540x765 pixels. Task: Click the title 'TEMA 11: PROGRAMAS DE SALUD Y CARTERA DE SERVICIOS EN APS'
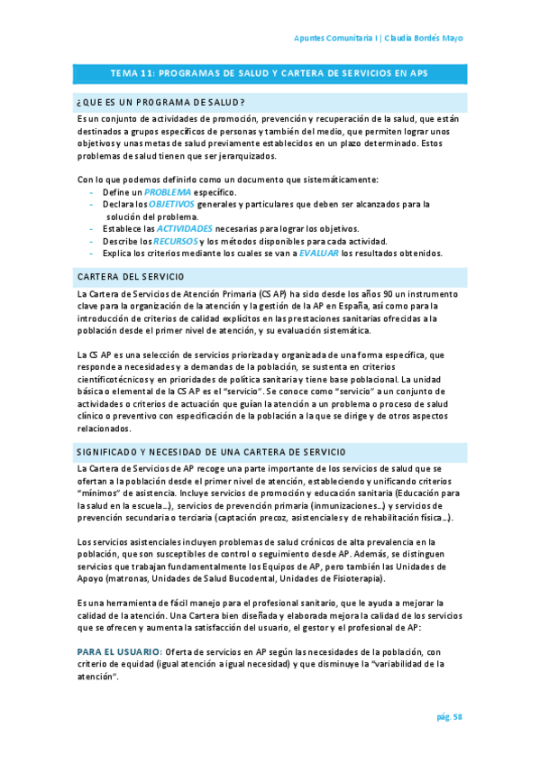tap(270, 73)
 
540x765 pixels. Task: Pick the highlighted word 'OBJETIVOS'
tap(173, 205)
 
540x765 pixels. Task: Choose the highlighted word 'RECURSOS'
tap(172, 241)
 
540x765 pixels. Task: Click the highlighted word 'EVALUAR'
tap(319, 253)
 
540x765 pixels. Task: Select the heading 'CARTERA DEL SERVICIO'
tap(131, 275)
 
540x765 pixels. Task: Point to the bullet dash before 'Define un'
tap(93, 193)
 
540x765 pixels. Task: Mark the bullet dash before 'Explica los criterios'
tap(93, 253)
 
